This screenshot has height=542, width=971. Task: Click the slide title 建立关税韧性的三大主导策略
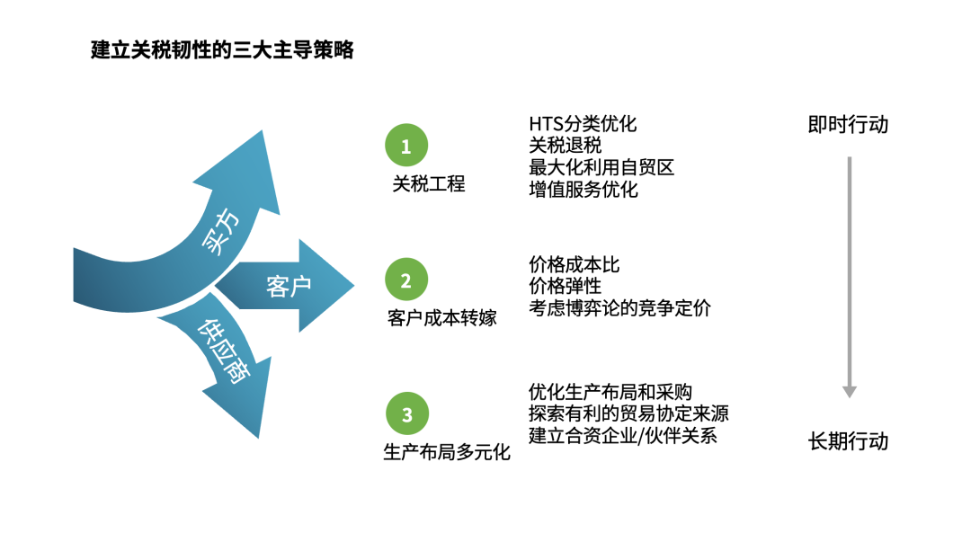point(222,50)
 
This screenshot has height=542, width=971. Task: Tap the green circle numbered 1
point(406,146)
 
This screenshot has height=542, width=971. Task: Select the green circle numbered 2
point(406,280)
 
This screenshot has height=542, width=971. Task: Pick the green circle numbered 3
point(406,414)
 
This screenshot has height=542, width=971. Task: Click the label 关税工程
point(429,184)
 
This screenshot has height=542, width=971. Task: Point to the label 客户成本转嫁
point(441,318)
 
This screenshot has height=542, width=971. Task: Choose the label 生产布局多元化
point(447,452)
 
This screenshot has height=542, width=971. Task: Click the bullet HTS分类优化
point(583,123)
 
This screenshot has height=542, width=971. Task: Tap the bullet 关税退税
point(566,145)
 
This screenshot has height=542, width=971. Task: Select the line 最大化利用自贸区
point(601,167)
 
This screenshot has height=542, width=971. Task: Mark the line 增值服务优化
point(583,189)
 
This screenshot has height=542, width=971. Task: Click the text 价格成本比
point(575,265)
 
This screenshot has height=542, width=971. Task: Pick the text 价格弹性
point(566,287)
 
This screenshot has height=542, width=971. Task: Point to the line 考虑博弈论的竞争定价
point(620,308)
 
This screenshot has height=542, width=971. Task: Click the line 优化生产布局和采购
point(610,392)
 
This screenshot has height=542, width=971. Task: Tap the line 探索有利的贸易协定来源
point(628,413)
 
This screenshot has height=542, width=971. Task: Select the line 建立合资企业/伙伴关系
point(623,436)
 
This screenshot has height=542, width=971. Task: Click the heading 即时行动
point(848,124)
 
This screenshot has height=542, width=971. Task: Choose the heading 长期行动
point(848,441)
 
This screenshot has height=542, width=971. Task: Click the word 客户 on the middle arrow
point(289,287)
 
